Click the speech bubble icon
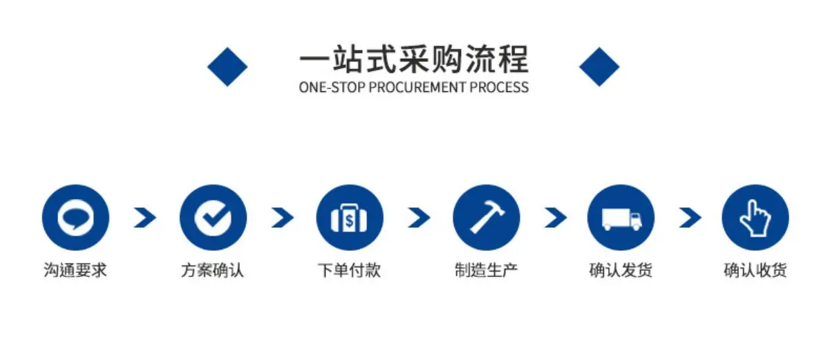click(75, 218)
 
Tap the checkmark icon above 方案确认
click(213, 218)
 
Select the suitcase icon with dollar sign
click(350, 218)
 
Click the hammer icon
click(487, 218)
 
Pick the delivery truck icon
click(621, 218)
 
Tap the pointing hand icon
click(755, 218)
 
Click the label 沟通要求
click(75, 270)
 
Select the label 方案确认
click(213, 270)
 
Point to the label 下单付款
click(349, 270)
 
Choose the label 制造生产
click(487, 270)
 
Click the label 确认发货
click(621, 270)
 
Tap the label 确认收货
click(755, 270)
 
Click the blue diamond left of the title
click(227, 66)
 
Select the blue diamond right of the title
click(599, 66)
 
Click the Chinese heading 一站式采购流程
click(413, 59)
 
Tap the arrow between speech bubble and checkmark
click(145, 218)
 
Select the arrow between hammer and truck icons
click(556, 218)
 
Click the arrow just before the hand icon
click(690, 218)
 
